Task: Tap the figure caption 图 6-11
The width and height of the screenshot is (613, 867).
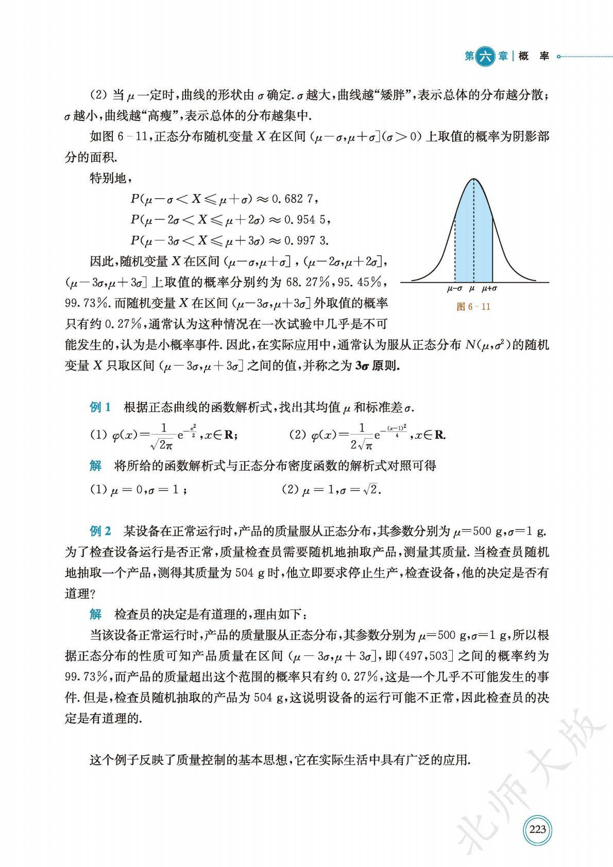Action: (x=473, y=307)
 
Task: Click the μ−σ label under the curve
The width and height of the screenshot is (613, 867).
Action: (x=454, y=289)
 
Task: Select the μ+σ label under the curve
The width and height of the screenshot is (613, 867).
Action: (x=489, y=289)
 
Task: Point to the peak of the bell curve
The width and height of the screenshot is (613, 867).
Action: (x=473, y=179)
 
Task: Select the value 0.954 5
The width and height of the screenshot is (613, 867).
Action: (x=306, y=219)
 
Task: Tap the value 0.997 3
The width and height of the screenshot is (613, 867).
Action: (x=306, y=240)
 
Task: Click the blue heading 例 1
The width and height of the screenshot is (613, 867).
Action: (x=100, y=408)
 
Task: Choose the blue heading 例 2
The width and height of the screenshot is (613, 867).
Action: (x=100, y=531)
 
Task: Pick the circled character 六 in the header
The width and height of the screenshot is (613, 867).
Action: (x=485, y=56)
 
